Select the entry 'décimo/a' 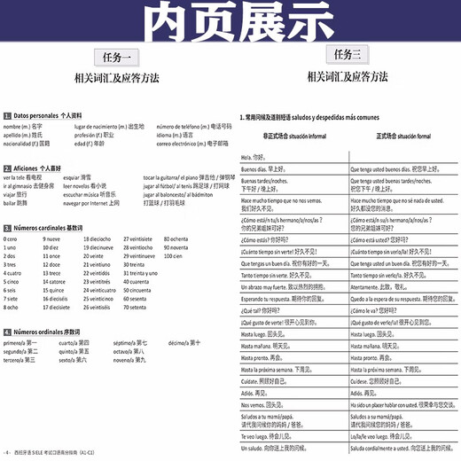click(184, 342)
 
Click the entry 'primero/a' click(20, 342)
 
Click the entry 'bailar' click(15, 203)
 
